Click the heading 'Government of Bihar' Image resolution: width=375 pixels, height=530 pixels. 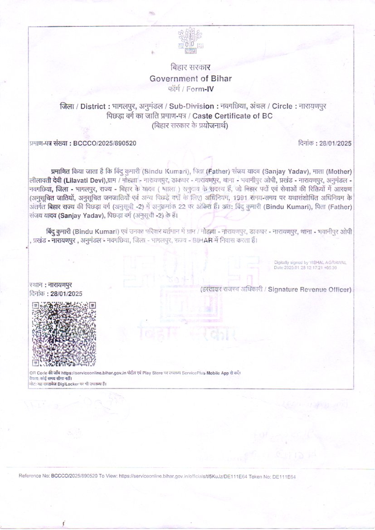click(190, 78)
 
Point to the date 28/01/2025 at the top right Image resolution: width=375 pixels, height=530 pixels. click(336, 143)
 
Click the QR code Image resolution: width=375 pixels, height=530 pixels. click(64, 334)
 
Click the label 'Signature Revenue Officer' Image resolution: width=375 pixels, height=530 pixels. click(309, 289)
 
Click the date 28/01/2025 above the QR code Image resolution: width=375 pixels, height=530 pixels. click(66, 293)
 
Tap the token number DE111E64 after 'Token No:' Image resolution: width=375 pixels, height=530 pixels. click(286, 477)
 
